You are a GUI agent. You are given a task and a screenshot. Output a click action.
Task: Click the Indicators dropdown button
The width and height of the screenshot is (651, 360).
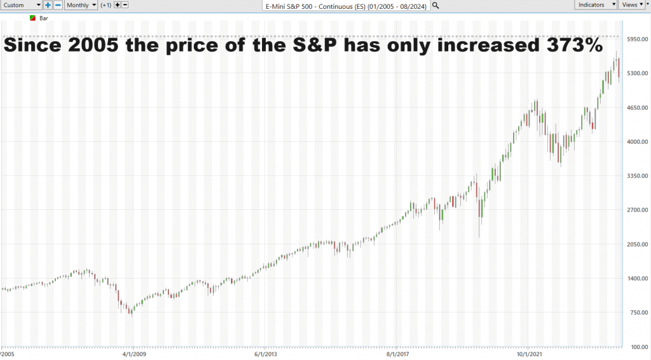coord(596,4)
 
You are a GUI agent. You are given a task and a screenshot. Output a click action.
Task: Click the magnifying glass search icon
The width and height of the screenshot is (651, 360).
coord(435,5)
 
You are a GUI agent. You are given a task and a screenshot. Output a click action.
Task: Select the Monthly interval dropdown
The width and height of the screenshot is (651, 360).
coord(81,4)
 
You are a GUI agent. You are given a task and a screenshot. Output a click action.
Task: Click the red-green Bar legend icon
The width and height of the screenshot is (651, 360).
coord(33,18)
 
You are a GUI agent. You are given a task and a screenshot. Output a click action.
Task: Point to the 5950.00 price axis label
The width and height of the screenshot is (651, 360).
coord(634,39)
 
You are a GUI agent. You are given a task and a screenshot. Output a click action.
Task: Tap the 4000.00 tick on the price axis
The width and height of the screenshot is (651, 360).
coord(634,142)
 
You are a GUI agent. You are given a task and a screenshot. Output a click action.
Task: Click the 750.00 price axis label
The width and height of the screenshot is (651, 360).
coord(634,312)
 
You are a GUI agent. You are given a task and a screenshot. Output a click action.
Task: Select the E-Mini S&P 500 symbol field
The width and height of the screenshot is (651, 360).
coord(346,5)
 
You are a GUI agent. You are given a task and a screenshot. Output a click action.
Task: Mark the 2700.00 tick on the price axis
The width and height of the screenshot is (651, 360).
coord(634,210)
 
